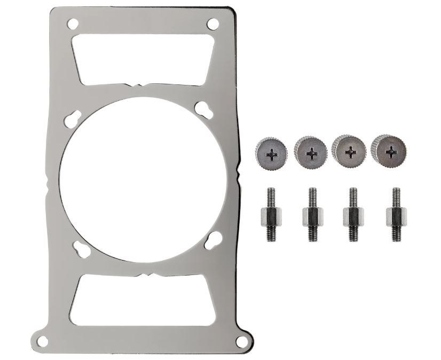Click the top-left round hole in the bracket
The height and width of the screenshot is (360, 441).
click(73, 24)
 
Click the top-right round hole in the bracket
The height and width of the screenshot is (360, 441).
click(212, 24)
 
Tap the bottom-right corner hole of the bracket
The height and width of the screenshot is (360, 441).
click(242, 341)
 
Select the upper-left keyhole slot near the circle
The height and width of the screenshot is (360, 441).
click(73, 119)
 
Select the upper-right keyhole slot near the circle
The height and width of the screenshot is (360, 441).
click(203, 109)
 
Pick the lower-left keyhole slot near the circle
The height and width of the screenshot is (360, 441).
click(82, 248)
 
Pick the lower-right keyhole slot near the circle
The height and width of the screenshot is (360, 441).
click(213, 239)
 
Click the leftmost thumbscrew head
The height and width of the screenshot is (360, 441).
click(271, 153)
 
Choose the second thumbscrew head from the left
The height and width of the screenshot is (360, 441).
click(311, 152)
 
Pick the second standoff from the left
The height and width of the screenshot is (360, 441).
click(312, 215)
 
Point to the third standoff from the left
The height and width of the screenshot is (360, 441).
click(353, 215)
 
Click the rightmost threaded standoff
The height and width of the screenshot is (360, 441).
click(396, 215)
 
